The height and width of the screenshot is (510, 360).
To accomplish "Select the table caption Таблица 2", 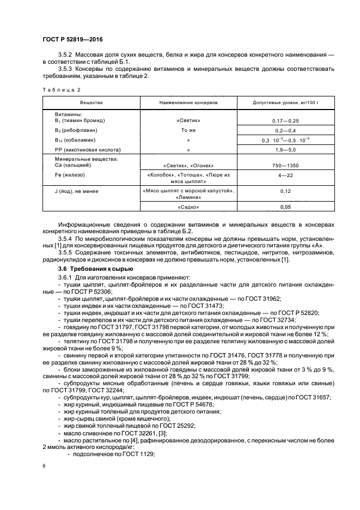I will tap(60, 89).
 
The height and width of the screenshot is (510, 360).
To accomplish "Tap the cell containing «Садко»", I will tap(188, 208).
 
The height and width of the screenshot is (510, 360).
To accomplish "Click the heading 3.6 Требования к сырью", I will tap(97, 269).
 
